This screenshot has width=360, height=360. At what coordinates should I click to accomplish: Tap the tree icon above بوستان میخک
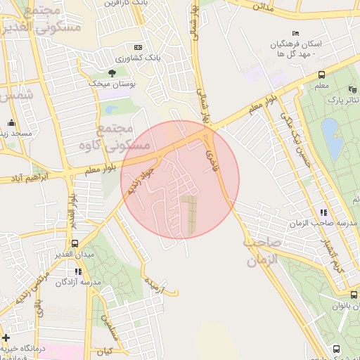tap(112, 72)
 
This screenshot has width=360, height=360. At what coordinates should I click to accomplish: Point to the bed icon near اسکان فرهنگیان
tap(295, 34)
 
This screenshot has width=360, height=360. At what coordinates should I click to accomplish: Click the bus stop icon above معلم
tap(321, 74)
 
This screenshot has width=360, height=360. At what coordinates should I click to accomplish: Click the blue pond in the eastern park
tap(331, 137)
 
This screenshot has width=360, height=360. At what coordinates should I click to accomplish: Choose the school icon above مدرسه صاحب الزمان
tap(323, 212)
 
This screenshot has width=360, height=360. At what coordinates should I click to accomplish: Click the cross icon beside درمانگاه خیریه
tap(6, 337)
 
